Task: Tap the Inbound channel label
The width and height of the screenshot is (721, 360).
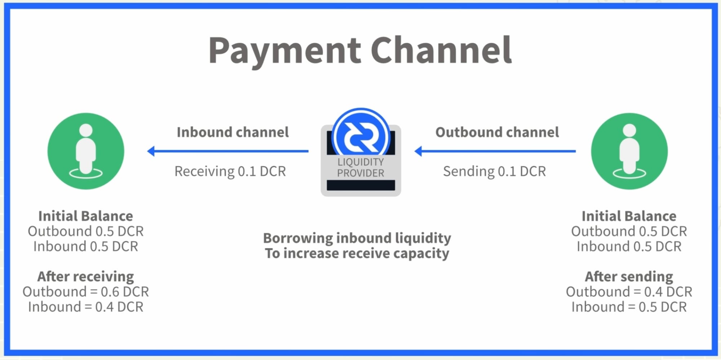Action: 233,132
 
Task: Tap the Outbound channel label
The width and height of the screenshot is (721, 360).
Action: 497,132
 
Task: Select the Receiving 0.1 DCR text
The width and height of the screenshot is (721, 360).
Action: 230,171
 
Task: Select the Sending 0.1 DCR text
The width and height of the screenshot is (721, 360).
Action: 494,171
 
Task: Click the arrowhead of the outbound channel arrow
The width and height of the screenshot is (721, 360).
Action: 419,151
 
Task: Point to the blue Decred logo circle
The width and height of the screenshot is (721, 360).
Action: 361,136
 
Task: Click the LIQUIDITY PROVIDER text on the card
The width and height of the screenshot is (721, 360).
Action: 360,168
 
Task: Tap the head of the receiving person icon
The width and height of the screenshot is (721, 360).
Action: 86,130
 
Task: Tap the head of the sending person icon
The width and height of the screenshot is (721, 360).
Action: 629,130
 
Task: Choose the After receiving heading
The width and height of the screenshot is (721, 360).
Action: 86,276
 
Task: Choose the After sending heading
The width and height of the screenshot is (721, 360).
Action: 629,276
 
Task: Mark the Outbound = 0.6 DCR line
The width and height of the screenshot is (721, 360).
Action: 86,292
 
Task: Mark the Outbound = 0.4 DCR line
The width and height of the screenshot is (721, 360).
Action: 629,292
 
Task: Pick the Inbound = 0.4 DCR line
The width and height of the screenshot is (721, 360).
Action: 86,307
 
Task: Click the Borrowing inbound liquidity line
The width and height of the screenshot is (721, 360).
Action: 357,238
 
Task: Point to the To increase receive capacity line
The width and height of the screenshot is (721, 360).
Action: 357,253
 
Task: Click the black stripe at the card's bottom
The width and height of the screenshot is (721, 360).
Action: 361,186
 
